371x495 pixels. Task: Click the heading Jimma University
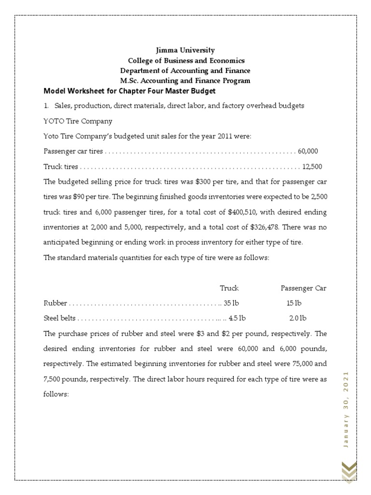tap(186, 50)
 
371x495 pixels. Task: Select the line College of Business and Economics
tap(186, 60)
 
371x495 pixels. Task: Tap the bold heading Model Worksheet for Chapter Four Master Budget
tap(129, 91)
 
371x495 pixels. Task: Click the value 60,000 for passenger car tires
tap(308, 151)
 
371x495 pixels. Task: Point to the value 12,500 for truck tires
tap(312, 167)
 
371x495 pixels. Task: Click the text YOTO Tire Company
tap(78, 121)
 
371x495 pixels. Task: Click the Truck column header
tap(229, 288)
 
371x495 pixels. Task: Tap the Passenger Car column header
tap(303, 288)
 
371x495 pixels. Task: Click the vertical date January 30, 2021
tap(346, 410)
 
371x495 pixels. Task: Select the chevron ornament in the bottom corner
tap(349, 471)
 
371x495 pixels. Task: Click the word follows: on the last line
tap(57, 394)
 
